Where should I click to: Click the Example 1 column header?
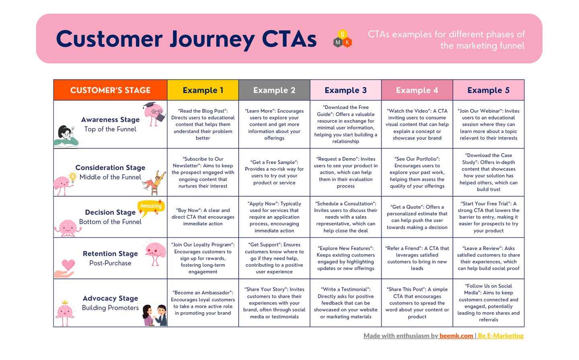tap(203, 90)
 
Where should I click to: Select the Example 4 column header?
tap(417, 90)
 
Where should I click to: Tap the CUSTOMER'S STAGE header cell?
tap(110, 90)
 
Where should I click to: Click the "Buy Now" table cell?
tap(203, 217)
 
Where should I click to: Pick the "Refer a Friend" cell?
tap(417, 258)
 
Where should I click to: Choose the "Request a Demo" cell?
tap(346, 172)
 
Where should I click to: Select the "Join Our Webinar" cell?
tap(488, 124)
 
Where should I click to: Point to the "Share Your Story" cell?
tap(274, 303)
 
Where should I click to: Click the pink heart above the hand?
tap(68, 265)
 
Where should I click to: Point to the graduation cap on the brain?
tap(150, 105)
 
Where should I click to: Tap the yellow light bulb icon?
tap(73, 177)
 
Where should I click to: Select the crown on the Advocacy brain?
tap(65, 302)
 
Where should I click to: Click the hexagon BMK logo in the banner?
tap(343, 39)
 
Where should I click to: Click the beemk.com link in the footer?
tap(456, 336)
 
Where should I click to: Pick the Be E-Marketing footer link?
tap(501, 336)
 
